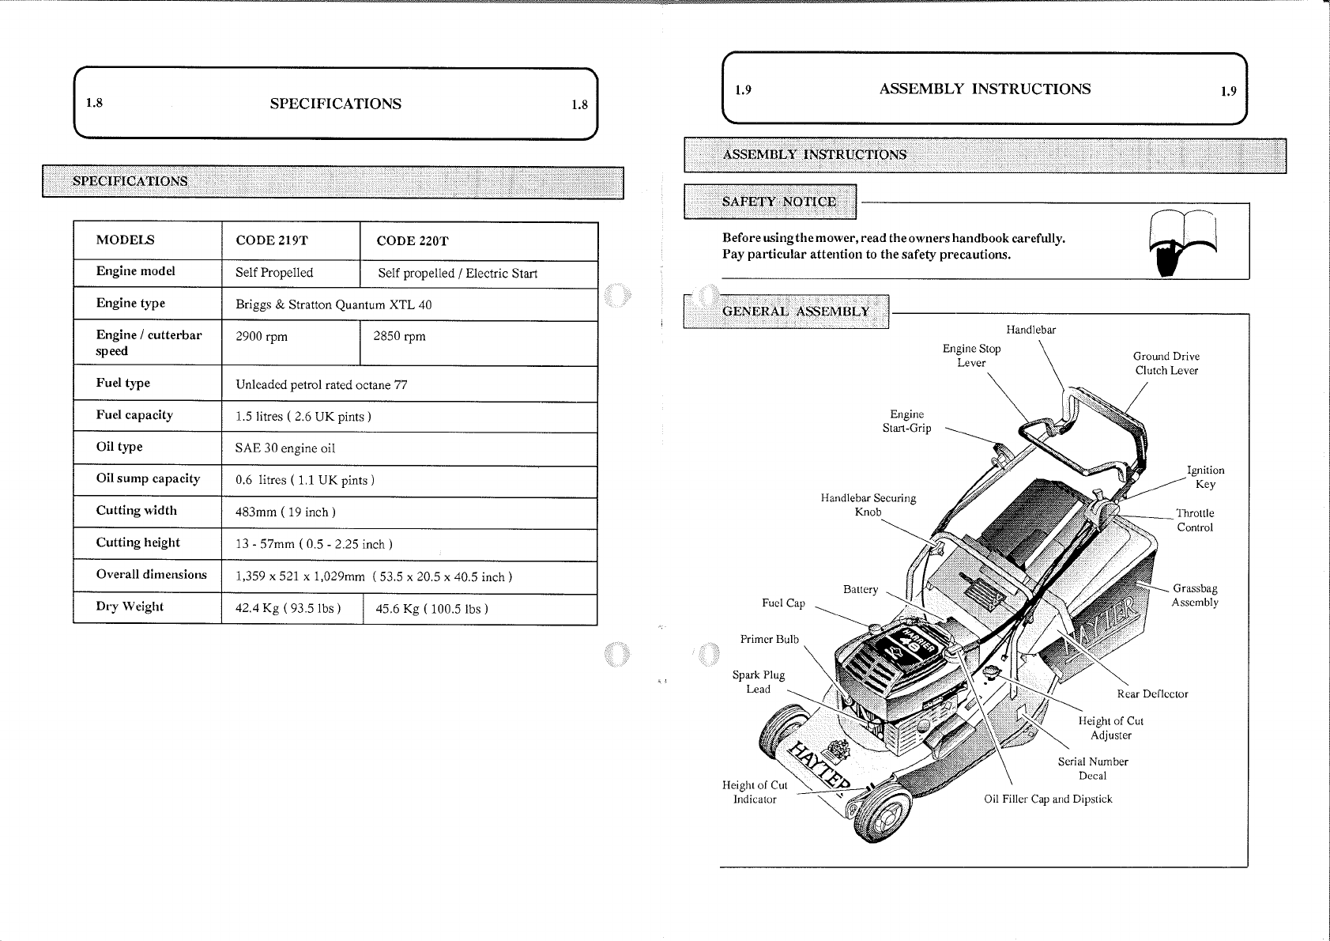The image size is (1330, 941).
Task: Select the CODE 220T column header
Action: (x=412, y=241)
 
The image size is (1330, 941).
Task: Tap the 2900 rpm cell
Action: (x=262, y=337)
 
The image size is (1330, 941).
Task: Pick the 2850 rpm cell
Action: (x=399, y=337)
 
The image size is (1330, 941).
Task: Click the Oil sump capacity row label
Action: (x=148, y=478)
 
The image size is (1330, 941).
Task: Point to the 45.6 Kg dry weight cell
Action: (x=431, y=609)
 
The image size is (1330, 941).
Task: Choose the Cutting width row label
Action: (x=137, y=511)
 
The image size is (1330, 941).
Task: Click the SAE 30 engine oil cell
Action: (x=285, y=448)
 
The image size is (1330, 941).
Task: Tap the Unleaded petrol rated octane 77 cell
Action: (x=321, y=385)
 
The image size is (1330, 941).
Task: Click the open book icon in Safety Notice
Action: (x=1183, y=241)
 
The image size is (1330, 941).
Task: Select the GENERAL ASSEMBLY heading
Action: (x=795, y=311)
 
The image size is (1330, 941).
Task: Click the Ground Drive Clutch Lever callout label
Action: (x=1166, y=364)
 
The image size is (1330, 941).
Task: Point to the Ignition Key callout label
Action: (x=1206, y=478)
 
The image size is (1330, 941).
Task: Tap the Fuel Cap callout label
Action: (x=783, y=603)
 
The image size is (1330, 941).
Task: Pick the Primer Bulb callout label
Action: (x=769, y=640)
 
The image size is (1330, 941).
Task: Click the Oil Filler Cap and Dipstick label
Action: (x=1047, y=799)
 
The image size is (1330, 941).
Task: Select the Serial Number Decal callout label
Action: (x=1093, y=769)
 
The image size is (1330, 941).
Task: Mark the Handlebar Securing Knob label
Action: (x=868, y=505)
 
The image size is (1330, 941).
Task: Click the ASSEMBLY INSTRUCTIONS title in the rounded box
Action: (x=985, y=89)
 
